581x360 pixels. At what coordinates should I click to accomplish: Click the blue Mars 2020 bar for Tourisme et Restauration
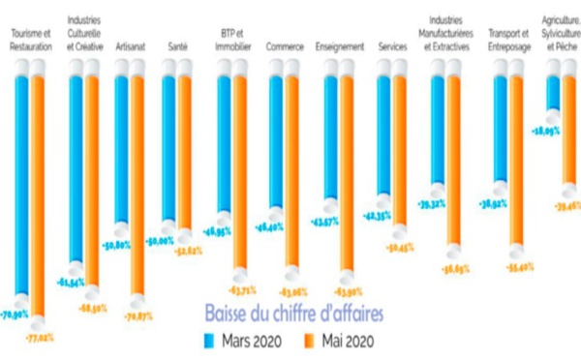tap(19, 174)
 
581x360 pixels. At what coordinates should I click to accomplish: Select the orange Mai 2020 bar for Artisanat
tap(137, 184)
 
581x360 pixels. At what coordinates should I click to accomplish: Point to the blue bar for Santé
tap(168, 145)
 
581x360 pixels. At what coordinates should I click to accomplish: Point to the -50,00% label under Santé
tap(161, 239)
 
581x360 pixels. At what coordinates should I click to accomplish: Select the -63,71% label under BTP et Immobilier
tap(239, 288)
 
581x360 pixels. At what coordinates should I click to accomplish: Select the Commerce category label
tap(285, 45)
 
